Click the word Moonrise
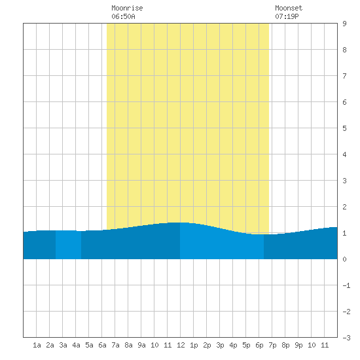(127, 8)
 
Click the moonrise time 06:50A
(123, 16)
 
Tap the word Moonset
(289, 8)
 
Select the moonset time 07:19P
(287, 16)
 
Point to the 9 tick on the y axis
(344, 24)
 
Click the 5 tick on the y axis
(344, 128)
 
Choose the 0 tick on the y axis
(344, 259)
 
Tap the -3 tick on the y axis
(346, 338)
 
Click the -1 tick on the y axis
(346, 285)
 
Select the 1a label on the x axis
(37, 345)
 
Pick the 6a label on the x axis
(102, 345)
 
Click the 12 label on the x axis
(181, 345)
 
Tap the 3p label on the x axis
(220, 345)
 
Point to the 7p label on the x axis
(272, 345)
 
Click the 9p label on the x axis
(298, 345)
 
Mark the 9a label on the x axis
(141, 345)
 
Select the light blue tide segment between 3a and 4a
(69, 245)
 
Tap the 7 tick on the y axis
(344, 76)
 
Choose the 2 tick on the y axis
(344, 207)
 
